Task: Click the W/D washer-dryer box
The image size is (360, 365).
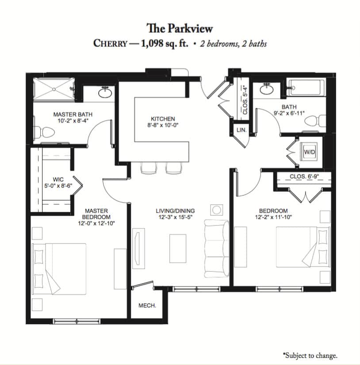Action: click(309, 152)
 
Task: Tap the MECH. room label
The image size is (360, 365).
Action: click(147, 305)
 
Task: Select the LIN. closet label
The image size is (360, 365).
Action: click(241, 130)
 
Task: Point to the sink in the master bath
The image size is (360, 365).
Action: click(105, 92)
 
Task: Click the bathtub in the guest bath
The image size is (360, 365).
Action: click(307, 87)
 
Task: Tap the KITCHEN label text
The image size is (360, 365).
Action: click(163, 119)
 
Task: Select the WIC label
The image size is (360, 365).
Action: click(58, 179)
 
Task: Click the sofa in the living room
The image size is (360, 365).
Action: click(217, 248)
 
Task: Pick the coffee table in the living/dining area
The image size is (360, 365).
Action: click(178, 248)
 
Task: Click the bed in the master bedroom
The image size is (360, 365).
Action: click(59, 269)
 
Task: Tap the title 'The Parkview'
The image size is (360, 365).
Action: click(180, 28)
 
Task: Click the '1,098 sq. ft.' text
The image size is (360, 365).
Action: click(165, 44)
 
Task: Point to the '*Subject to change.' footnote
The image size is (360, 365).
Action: click(310, 355)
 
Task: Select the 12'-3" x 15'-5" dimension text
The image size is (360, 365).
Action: click(176, 217)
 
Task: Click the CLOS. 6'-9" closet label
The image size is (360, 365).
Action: click(304, 176)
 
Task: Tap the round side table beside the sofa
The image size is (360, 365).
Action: click(217, 210)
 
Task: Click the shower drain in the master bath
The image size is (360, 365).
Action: click(54, 89)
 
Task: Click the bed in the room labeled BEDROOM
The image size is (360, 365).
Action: click(303, 247)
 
